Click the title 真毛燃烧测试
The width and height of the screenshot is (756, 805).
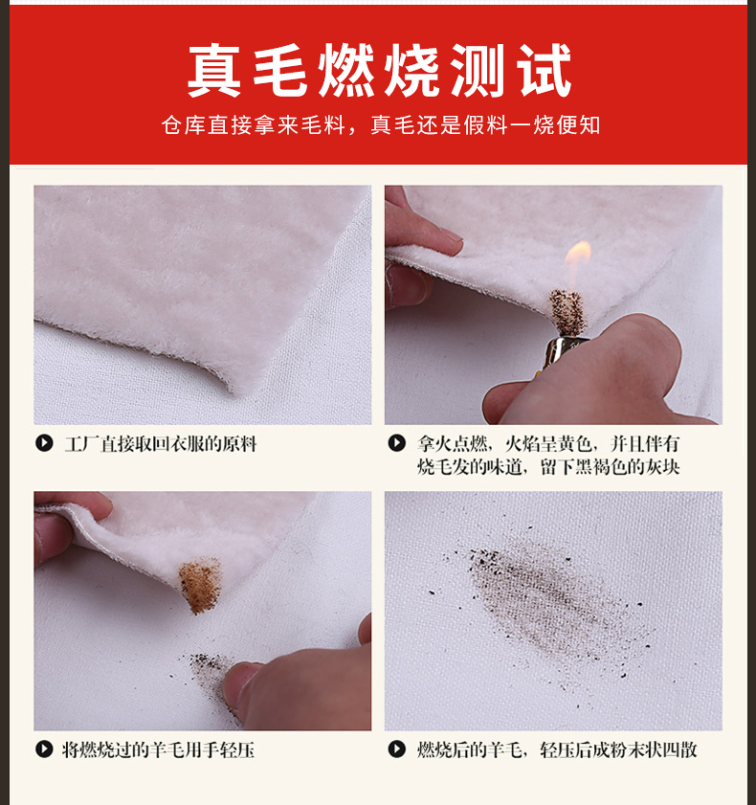pos(379,70)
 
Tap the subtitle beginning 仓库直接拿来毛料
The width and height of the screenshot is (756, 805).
pos(380,124)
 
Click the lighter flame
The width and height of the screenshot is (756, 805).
pos(578,263)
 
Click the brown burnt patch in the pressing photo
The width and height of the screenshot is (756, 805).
pos(201,585)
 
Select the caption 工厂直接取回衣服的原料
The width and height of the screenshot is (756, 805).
pos(161,444)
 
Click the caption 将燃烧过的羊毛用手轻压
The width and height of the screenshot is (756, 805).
pos(159,750)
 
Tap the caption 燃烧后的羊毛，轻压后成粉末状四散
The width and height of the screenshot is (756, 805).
pos(557,750)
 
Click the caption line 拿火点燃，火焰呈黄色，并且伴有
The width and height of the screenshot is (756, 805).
pos(548,443)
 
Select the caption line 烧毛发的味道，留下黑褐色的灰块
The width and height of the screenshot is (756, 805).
pos(548,467)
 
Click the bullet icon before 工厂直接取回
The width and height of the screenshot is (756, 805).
pos(44,443)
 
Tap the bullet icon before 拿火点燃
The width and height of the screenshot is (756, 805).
pos(396,443)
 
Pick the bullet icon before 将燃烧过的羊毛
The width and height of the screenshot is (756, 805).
pos(44,749)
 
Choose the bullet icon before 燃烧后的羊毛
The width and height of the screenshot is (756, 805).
pos(396,749)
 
